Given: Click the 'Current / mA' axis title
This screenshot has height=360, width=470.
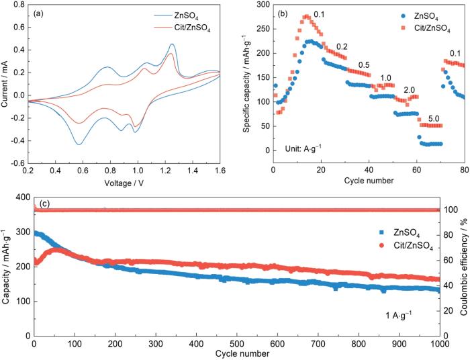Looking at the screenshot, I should pyautogui.click(x=6, y=84).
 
